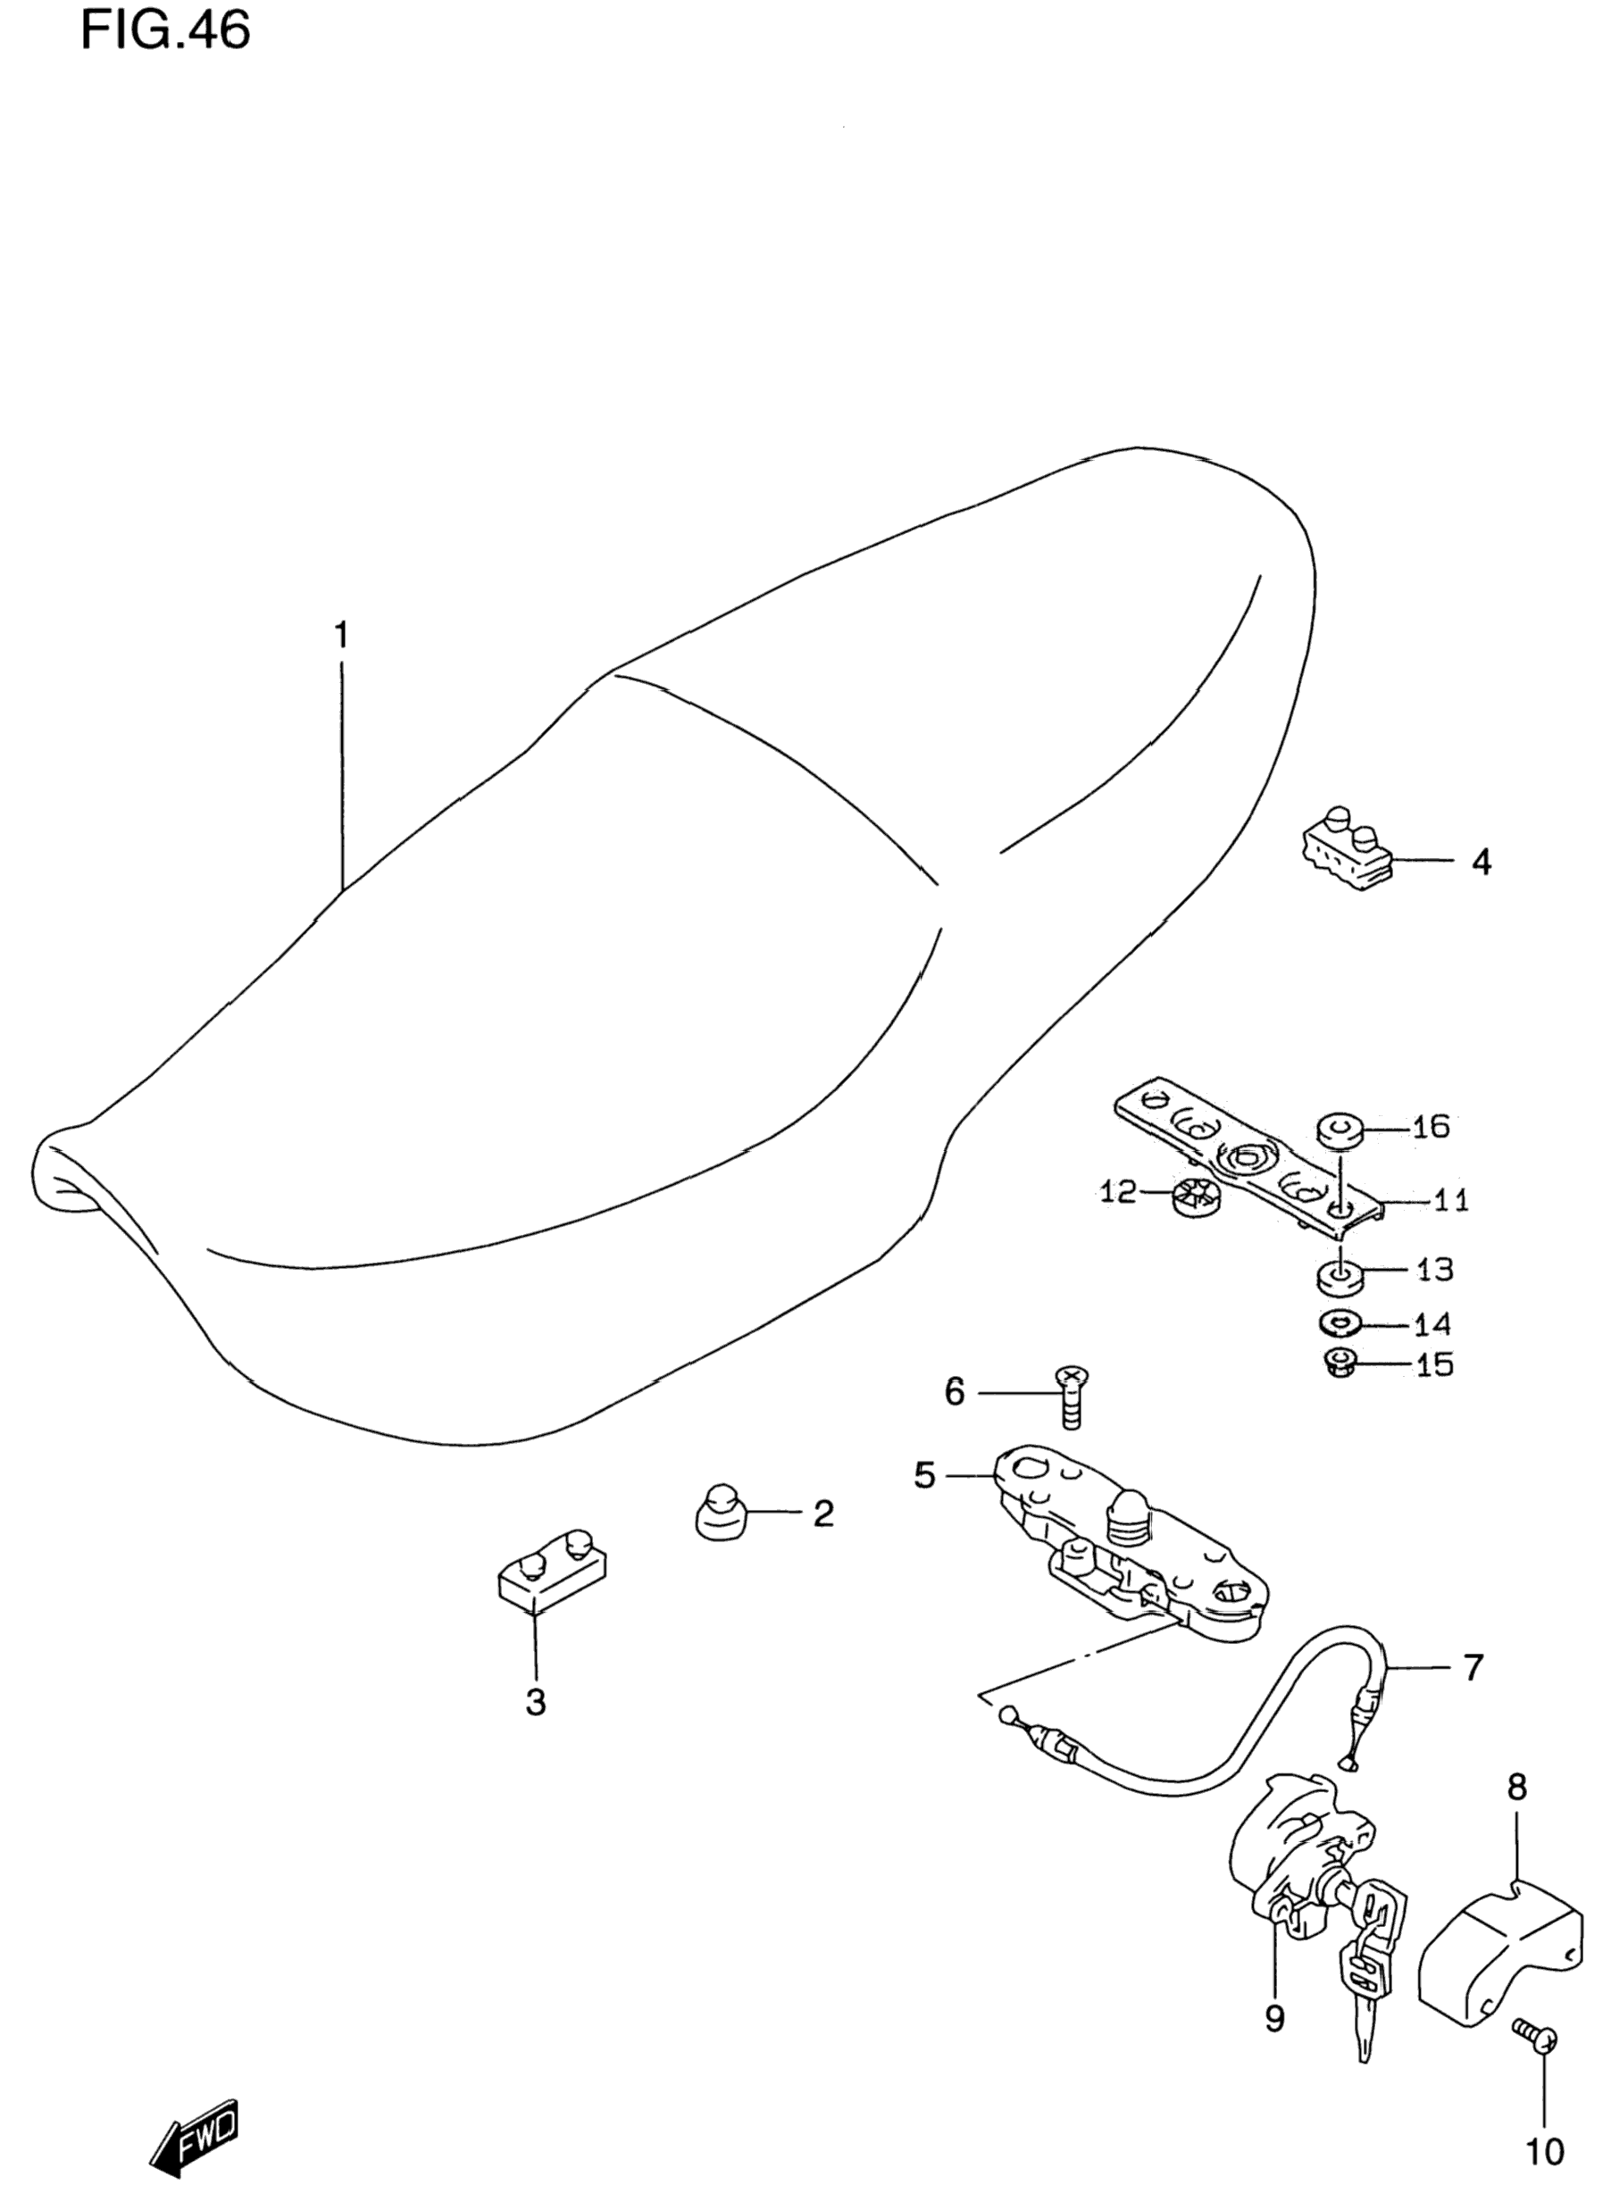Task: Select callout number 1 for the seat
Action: [x=340, y=636]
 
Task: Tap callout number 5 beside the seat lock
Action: [x=924, y=1475]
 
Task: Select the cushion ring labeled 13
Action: [x=1337, y=1276]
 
